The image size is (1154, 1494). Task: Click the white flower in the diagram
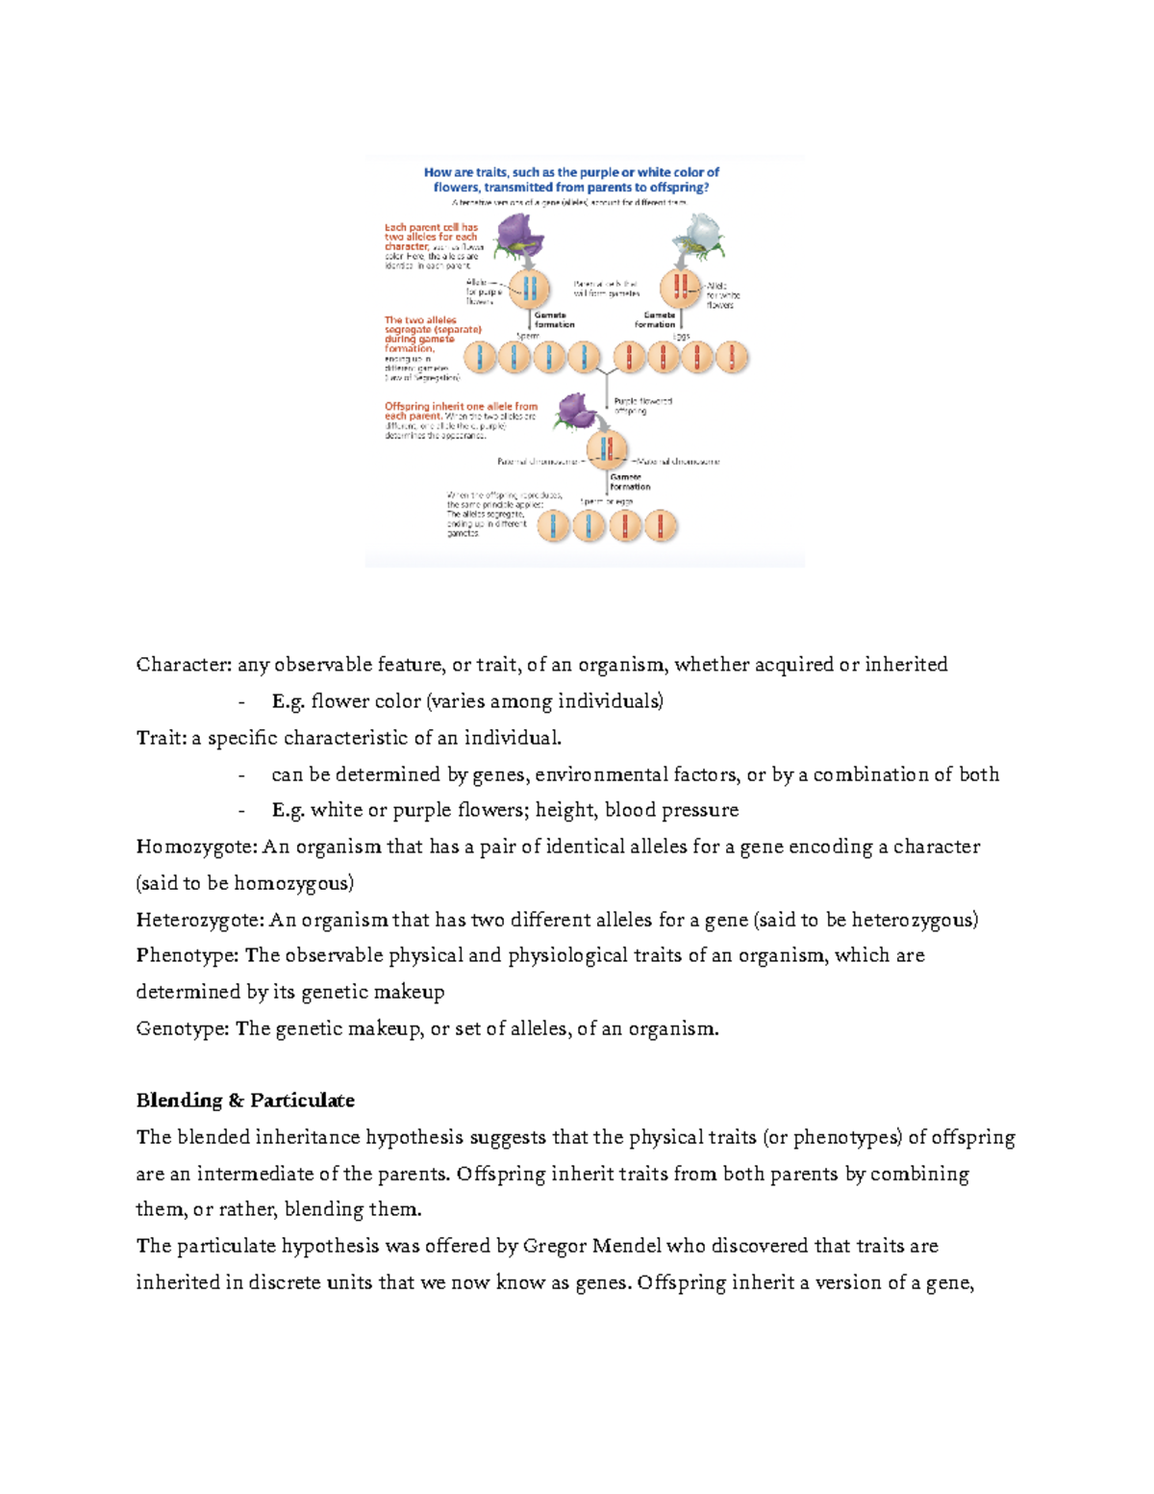click(x=699, y=235)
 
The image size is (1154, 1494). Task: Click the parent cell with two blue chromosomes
click(x=528, y=288)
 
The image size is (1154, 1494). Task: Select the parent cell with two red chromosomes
click(x=680, y=288)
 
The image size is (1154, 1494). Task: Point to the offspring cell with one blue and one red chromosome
click(x=607, y=448)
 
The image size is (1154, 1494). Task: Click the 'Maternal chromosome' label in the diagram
click(x=679, y=462)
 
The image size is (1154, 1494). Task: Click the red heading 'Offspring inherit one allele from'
click(x=461, y=407)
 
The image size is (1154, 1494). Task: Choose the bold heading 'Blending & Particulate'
click(x=245, y=1101)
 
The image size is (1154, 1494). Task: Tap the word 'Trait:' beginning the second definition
click(x=161, y=738)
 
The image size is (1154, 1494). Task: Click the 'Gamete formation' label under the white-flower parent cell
click(x=657, y=319)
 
